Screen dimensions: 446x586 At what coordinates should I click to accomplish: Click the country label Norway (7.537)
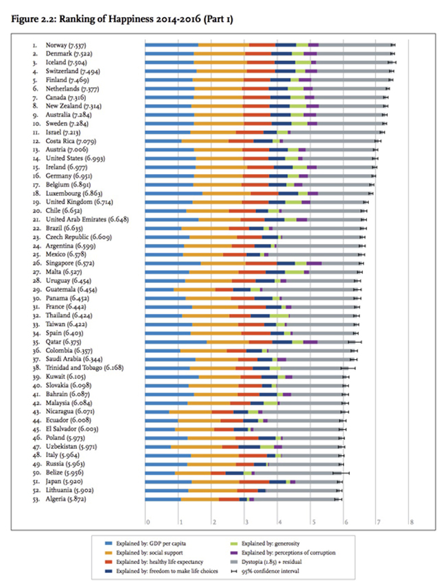tap(66, 45)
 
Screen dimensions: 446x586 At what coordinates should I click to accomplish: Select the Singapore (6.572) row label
tap(70, 263)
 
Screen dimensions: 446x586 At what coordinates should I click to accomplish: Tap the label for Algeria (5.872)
tap(66, 499)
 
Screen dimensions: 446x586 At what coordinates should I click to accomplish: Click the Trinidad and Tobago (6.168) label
tap(84, 368)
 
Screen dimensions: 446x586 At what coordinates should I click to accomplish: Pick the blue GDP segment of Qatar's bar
tap(176, 342)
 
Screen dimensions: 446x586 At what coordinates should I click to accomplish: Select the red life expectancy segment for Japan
tap(255, 482)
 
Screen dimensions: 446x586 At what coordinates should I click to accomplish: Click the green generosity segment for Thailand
tap(279, 316)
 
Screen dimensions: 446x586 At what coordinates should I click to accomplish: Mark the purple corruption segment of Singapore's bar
tap(314, 263)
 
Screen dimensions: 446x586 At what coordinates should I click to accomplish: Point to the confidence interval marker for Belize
tap(341, 473)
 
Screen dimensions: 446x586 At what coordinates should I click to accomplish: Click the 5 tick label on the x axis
tap(313, 522)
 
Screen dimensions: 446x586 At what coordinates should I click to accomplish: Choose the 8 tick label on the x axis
tap(412, 522)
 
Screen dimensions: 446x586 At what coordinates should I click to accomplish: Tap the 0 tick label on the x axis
tap(148, 522)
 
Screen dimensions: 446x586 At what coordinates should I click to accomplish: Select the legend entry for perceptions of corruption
tap(283, 552)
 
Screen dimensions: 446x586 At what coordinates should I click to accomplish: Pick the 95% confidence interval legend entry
tap(266, 571)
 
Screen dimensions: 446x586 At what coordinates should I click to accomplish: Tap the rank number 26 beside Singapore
tap(36, 263)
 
